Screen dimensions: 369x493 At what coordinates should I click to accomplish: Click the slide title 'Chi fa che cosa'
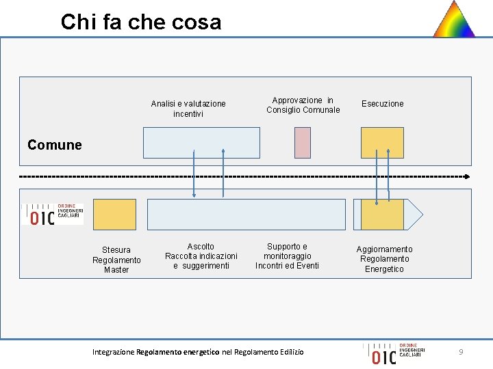point(141,22)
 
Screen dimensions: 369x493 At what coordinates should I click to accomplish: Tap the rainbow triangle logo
point(454,20)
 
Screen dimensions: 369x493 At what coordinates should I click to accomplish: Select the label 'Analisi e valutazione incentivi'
point(188,109)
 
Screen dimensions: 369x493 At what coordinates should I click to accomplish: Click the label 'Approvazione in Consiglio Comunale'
point(303,105)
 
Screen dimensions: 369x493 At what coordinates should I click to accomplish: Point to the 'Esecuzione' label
point(383,104)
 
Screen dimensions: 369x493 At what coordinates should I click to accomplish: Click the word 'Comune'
point(55,145)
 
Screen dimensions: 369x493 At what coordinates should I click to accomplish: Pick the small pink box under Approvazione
point(302,142)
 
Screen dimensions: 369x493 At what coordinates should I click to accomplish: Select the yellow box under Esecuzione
point(382,142)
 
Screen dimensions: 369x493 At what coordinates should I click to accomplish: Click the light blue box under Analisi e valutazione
point(201,142)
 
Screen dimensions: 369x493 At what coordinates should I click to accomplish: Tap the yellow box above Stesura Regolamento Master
point(114,214)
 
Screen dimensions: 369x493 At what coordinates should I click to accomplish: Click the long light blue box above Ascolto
point(246,214)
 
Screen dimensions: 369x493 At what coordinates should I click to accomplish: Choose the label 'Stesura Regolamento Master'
point(116,260)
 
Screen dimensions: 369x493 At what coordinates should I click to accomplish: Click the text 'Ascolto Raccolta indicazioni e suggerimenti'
point(201,256)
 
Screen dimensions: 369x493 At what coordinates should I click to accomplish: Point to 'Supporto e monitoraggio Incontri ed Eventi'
point(287,256)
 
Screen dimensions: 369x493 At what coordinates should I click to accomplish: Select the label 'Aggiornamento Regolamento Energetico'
point(384,259)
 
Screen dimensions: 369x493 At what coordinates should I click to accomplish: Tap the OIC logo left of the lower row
point(52,214)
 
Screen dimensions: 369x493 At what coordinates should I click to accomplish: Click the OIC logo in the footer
point(394,353)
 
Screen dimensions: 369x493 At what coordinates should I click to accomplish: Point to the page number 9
point(461,352)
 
